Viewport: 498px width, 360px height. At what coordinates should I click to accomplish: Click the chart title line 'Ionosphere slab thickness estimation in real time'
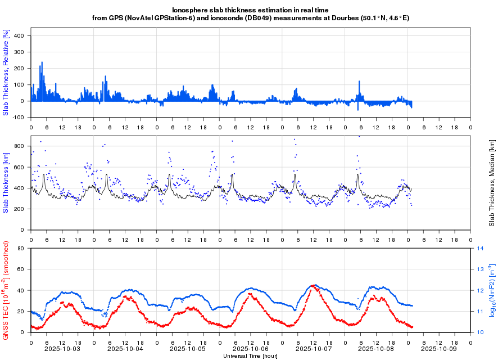[250, 10]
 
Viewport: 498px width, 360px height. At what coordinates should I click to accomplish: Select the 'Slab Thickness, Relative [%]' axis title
[6, 73]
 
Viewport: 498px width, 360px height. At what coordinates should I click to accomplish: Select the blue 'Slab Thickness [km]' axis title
[6, 183]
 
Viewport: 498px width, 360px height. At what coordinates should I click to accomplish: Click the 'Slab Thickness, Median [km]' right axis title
[491, 183]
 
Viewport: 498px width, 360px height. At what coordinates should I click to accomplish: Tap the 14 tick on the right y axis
[481, 248]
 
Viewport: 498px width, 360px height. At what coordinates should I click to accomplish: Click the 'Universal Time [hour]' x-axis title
[250, 356]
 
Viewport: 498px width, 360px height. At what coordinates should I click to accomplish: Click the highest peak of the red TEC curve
[313, 286]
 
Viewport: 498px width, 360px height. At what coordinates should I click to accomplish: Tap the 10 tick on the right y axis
[481, 332]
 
